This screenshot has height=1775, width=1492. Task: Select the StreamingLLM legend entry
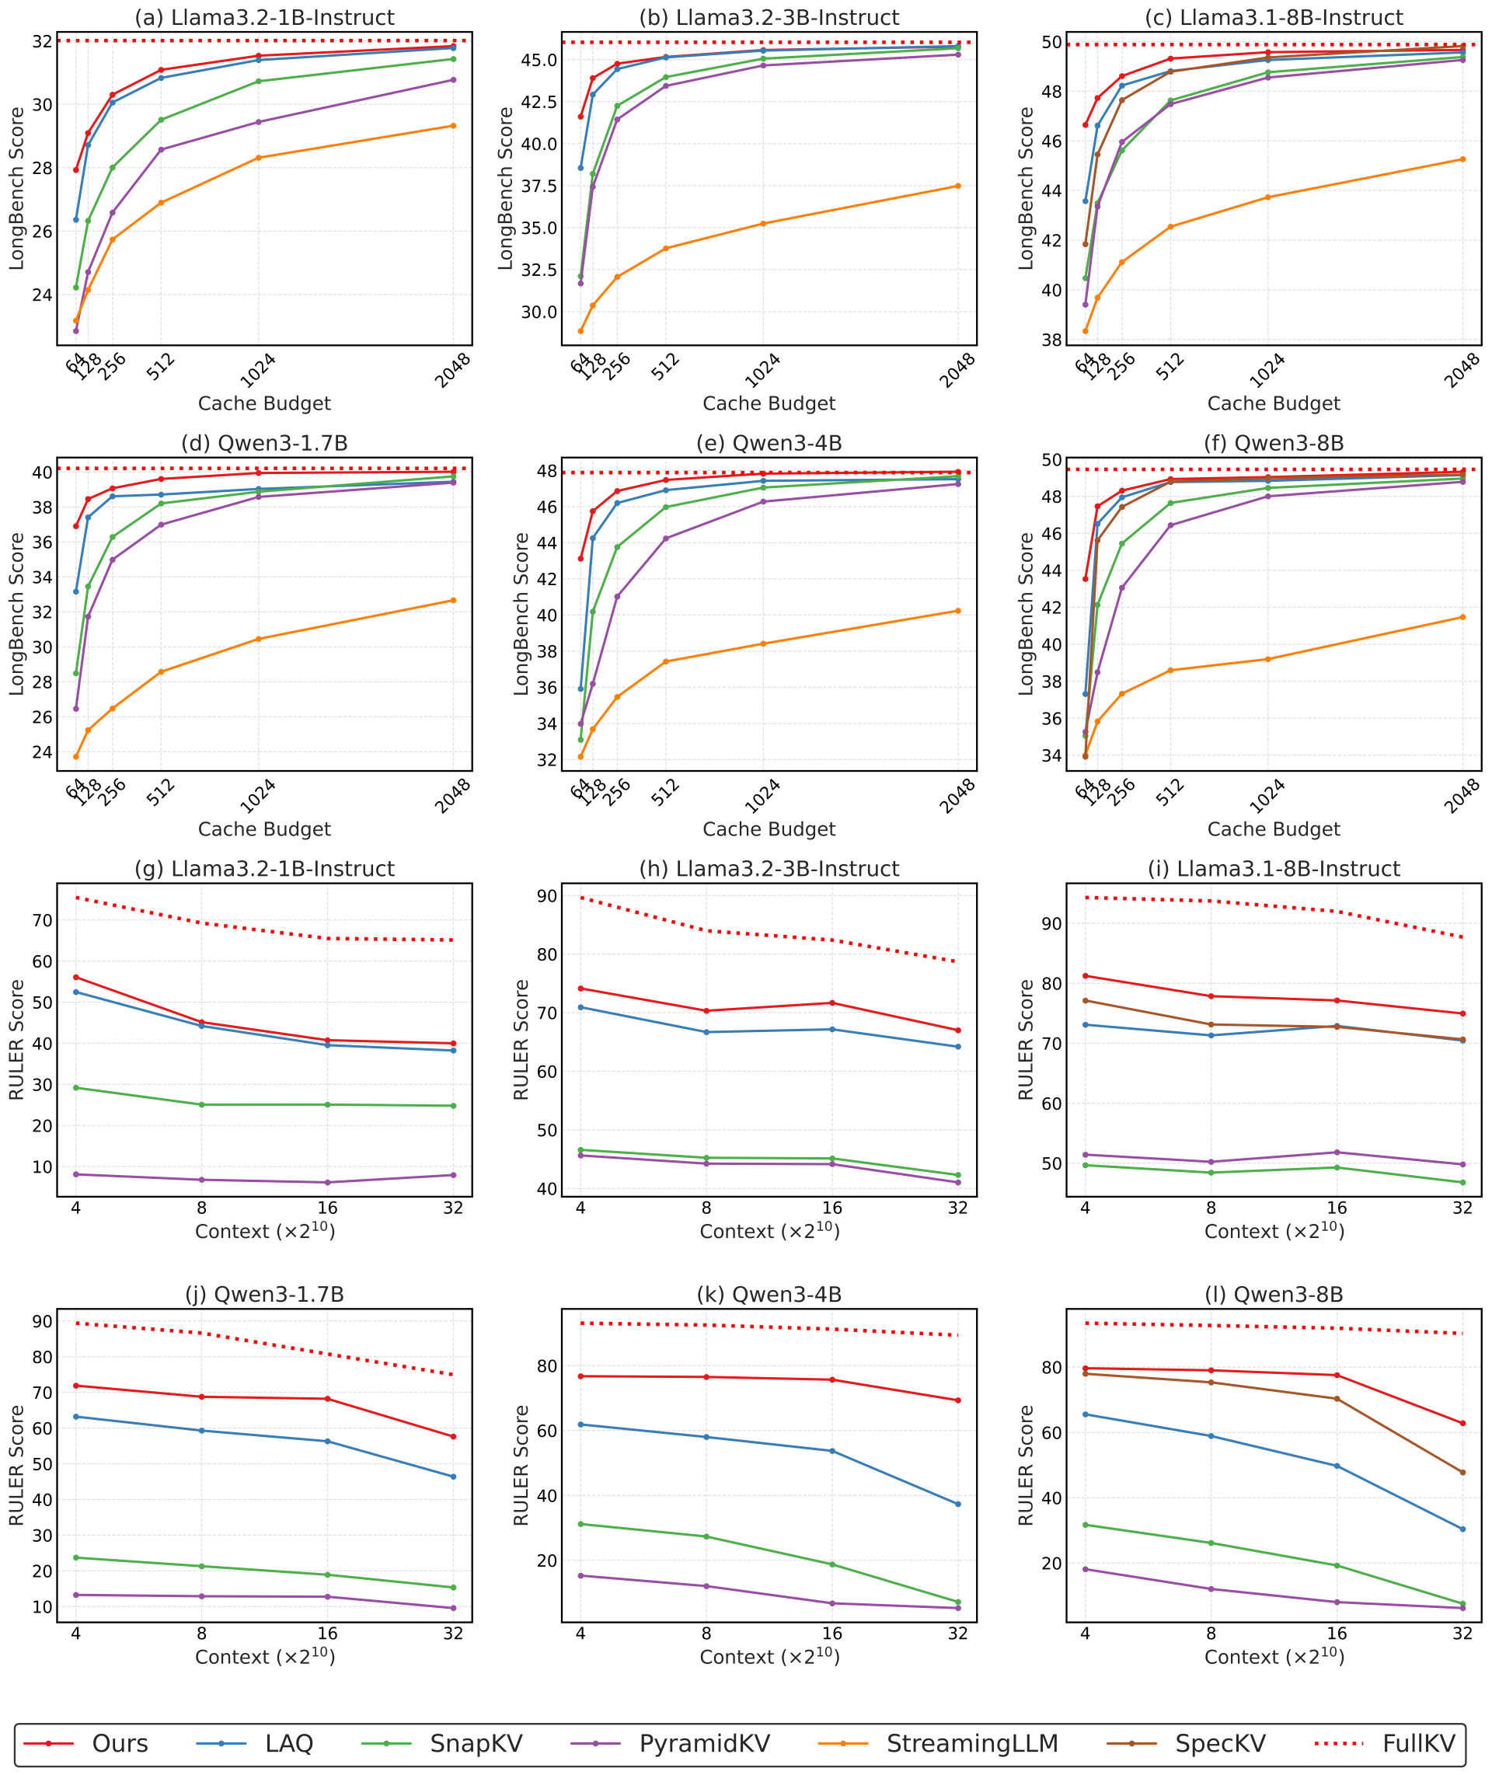click(972, 1744)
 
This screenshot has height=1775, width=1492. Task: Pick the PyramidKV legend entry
click(704, 1744)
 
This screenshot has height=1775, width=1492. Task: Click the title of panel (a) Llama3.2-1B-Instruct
click(264, 18)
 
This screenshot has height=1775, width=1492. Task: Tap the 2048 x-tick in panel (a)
click(453, 371)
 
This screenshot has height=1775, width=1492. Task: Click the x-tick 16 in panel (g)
click(327, 1208)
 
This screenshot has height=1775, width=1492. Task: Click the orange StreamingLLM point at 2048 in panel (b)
click(957, 186)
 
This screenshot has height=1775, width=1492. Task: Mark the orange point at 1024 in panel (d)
click(259, 639)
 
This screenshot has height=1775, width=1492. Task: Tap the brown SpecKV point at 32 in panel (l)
click(1462, 1472)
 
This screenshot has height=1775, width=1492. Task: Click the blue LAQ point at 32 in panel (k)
click(957, 1504)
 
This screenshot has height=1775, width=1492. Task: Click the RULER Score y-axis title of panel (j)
click(17, 1465)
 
